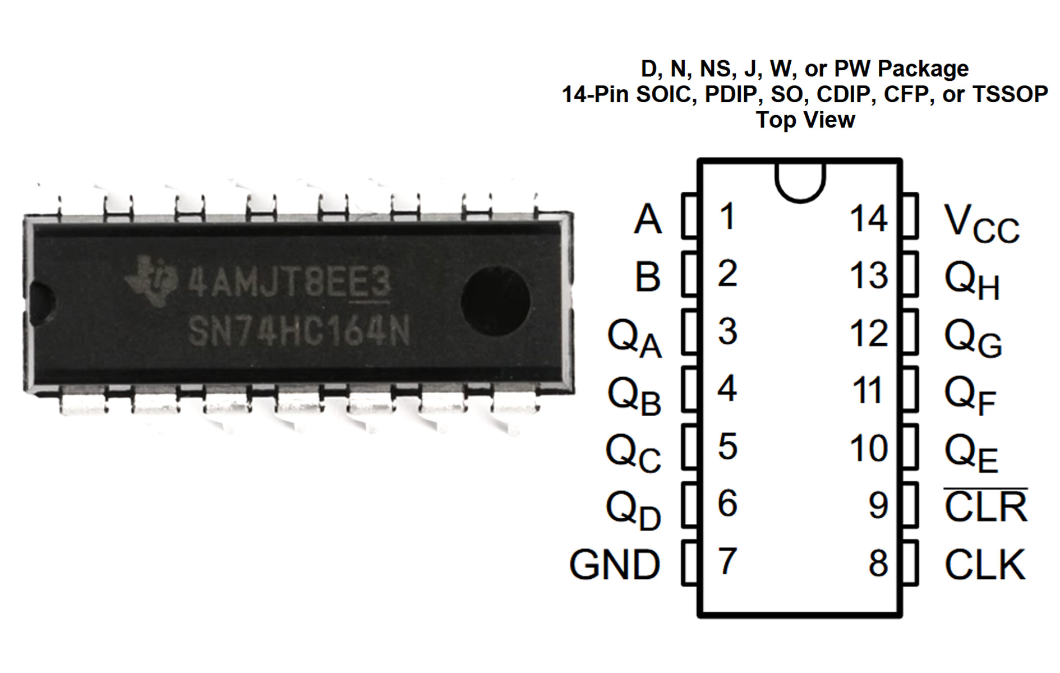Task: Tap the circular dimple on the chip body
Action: coord(495,301)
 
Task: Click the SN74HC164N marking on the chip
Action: coord(299,331)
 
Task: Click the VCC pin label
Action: coord(980,224)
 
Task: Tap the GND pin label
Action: coord(615,564)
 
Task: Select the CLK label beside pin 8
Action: coord(985,564)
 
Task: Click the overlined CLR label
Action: coord(985,506)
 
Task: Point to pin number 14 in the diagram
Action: coord(868,219)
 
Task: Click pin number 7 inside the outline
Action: coord(727,561)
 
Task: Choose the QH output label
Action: coord(972,281)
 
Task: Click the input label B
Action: coord(648,276)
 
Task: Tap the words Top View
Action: coord(805,120)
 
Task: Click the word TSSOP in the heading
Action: coord(1009,94)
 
